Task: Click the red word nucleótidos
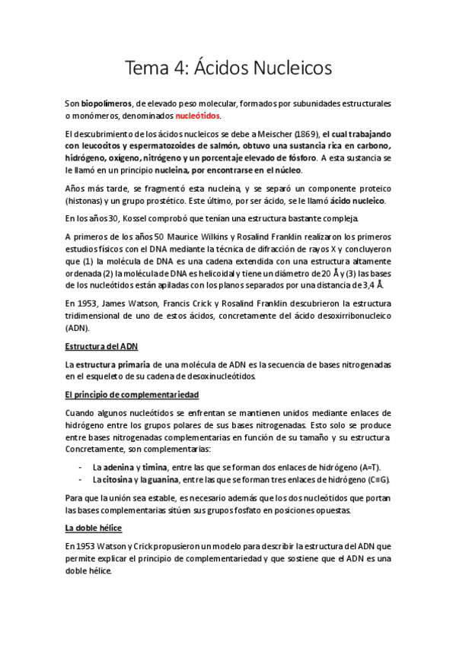point(197,116)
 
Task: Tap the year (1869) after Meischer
point(305,135)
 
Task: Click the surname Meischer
point(269,135)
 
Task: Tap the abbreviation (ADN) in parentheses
point(77,328)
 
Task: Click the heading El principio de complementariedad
point(132,396)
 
